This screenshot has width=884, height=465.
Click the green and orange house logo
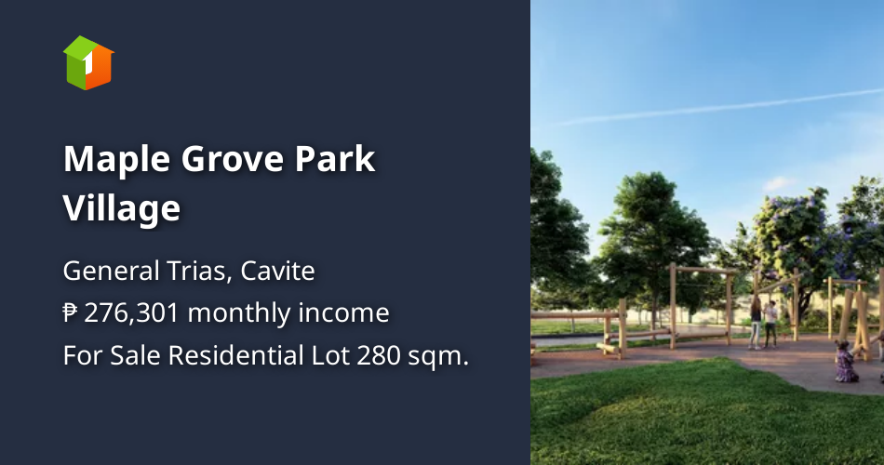point(88,62)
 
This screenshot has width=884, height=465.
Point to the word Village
point(122,207)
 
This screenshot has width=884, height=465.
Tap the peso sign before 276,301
point(71,313)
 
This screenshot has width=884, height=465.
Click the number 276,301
point(131,313)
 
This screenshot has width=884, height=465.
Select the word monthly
point(238,313)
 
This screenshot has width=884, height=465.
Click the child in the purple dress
point(846,362)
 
